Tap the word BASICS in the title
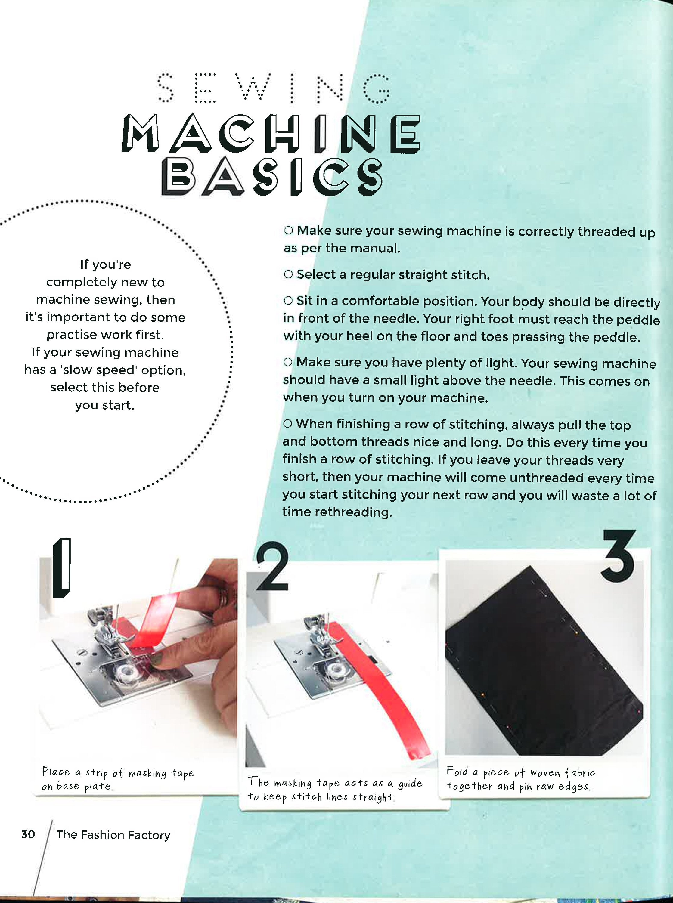[x=272, y=177]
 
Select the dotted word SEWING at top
[x=273, y=88]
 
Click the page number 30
[x=28, y=835]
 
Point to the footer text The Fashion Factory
[x=113, y=835]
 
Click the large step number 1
[x=62, y=568]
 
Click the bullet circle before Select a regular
[x=288, y=274]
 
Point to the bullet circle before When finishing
[x=288, y=424]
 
